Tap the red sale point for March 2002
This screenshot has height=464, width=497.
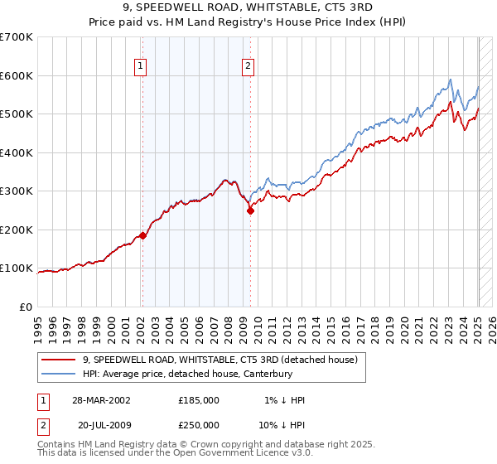click(x=142, y=235)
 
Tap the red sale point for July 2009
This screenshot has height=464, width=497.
click(x=249, y=210)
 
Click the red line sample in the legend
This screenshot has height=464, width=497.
click(x=59, y=360)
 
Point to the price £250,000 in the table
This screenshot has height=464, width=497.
click(x=199, y=424)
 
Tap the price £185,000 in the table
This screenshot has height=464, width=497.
click(x=199, y=399)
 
